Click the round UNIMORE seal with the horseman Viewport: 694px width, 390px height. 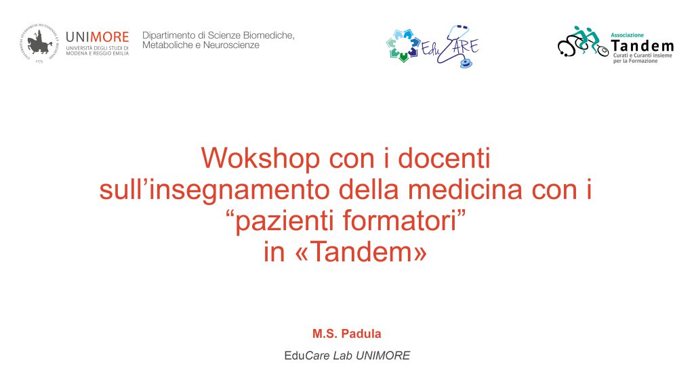click(x=39, y=43)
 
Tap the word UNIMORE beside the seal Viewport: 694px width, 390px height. click(x=98, y=37)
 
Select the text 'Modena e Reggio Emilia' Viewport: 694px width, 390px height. click(x=98, y=53)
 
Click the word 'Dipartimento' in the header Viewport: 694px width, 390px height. click(x=169, y=35)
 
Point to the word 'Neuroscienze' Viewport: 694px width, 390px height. click(x=231, y=45)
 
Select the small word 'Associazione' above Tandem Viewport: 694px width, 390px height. click(x=627, y=35)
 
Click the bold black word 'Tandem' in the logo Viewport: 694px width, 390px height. click(x=642, y=45)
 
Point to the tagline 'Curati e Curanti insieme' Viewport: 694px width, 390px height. click(x=642, y=56)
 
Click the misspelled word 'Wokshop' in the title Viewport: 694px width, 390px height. click(x=260, y=158)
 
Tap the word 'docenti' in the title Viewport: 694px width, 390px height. click(x=444, y=158)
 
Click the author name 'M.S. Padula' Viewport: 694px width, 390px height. click(x=346, y=334)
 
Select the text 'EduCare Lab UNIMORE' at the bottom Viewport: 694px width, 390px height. click(x=347, y=355)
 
